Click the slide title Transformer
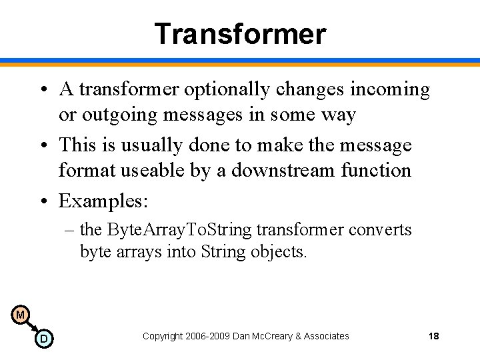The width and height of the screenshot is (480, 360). pyautogui.click(x=240, y=33)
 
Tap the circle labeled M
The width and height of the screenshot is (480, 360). pyautogui.click(x=20, y=315)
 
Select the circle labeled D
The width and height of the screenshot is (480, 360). pyautogui.click(x=43, y=339)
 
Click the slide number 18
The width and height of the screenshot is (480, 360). pyautogui.click(x=433, y=336)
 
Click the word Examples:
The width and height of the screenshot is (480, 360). pyautogui.click(x=103, y=201)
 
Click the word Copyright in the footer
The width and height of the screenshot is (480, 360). pyautogui.click(x=163, y=336)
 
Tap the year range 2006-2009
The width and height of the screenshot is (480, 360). pyautogui.click(x=209, y=336)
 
